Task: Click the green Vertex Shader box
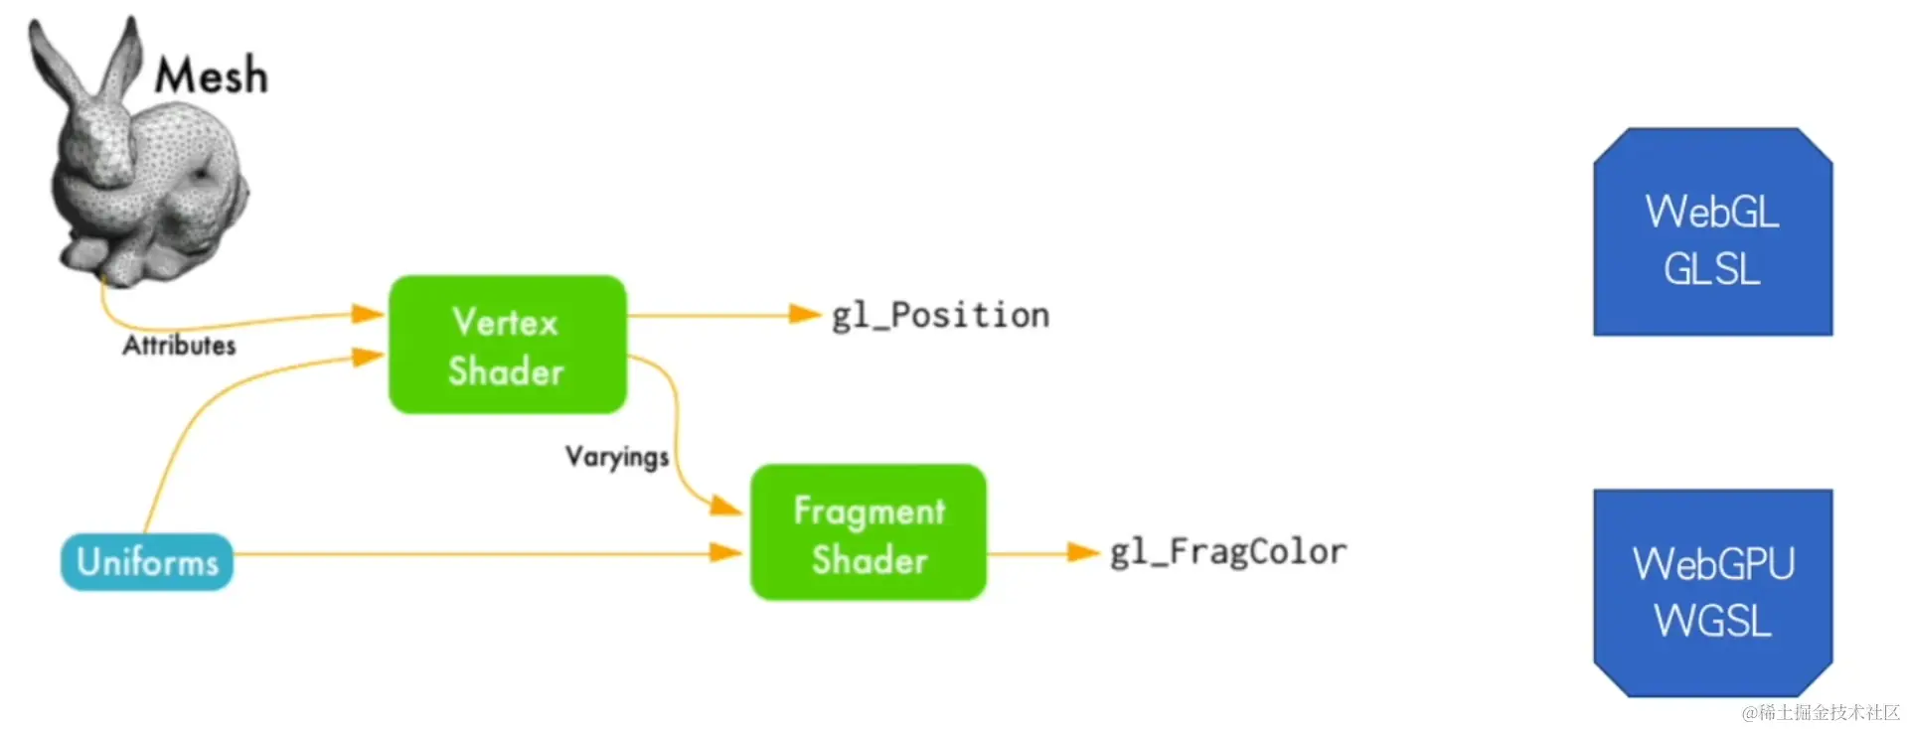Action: coord(507,345)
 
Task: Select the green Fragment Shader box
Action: coord(869,532)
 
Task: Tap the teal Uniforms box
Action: coord(147,562)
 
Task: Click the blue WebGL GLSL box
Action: coord(1712,231)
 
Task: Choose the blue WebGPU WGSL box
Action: coord(1712,593)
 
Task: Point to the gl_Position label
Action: coord(940,315)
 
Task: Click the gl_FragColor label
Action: coord(1228,551)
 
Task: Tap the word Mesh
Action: coord(212,75)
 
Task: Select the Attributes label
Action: coord(179,346)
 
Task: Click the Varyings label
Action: coord(617,457)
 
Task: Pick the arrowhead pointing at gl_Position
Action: coord(805,315)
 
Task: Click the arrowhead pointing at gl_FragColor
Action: coord(1083,552)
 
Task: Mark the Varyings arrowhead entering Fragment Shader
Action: coord(726,506)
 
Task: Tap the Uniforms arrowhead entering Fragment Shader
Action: coord(726,552)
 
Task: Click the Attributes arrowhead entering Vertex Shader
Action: coord(368,314)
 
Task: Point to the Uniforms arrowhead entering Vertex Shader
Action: coord(368,357)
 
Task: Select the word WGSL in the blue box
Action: coord(1712,622)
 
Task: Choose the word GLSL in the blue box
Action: coord(1712,269)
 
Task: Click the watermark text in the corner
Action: coord(1821,712)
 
